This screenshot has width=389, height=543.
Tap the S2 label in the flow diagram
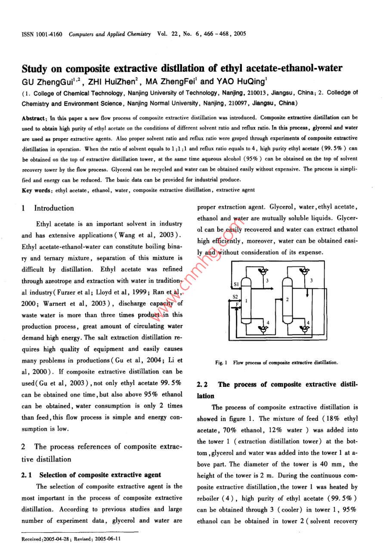pos(235,297)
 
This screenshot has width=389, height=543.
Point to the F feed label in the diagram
pos(236,303)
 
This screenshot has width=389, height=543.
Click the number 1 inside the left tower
pos(246,301)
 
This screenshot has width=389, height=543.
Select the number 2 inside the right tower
pos(287,299)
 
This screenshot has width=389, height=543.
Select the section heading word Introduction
pos(54,208)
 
